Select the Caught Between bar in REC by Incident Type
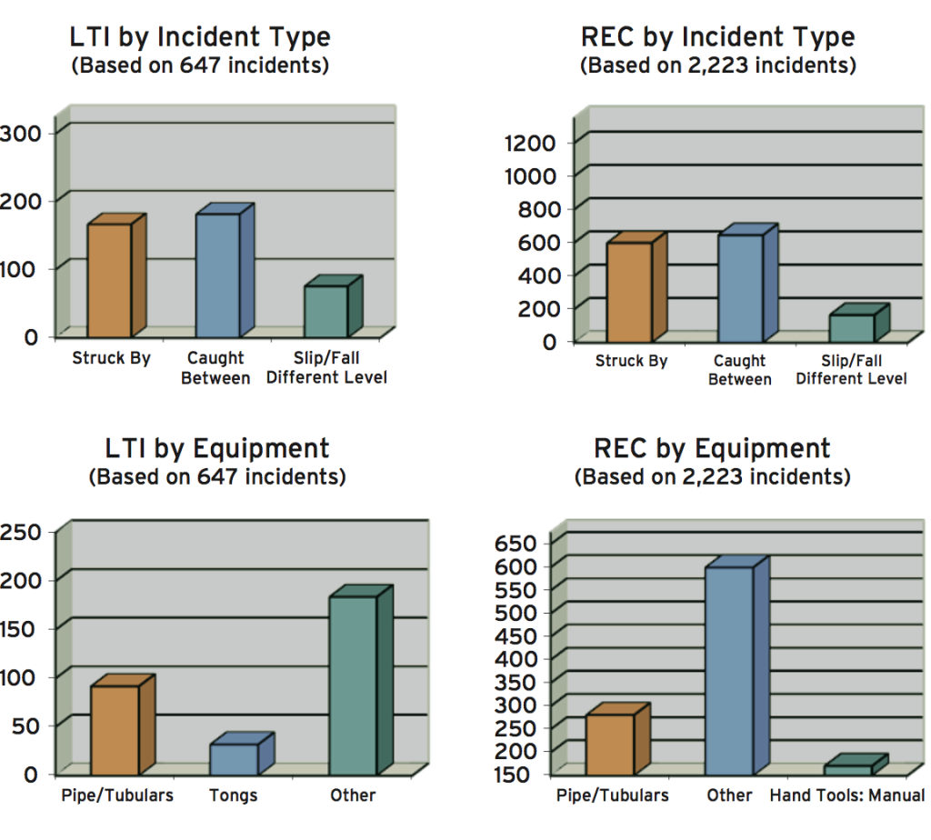click(x=740, y=287)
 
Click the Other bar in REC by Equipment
click(x=729, y=670)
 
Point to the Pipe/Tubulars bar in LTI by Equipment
click(x=114, y=729)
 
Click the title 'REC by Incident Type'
click(x=718, y=37)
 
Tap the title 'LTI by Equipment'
click(x=217, y=448)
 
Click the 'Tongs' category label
click(x=234, y=795)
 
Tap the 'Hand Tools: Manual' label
click(x=847, y=795)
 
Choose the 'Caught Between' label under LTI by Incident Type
click(x=215, y=368)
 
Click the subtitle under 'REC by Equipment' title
click(x=713, y=476)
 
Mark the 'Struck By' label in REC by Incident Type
click(x=631, y=361)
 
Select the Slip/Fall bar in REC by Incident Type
click(x=851, y=326)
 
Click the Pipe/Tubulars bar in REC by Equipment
click(x=609, y=744)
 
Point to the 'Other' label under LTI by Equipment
click(x=353, y=795)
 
